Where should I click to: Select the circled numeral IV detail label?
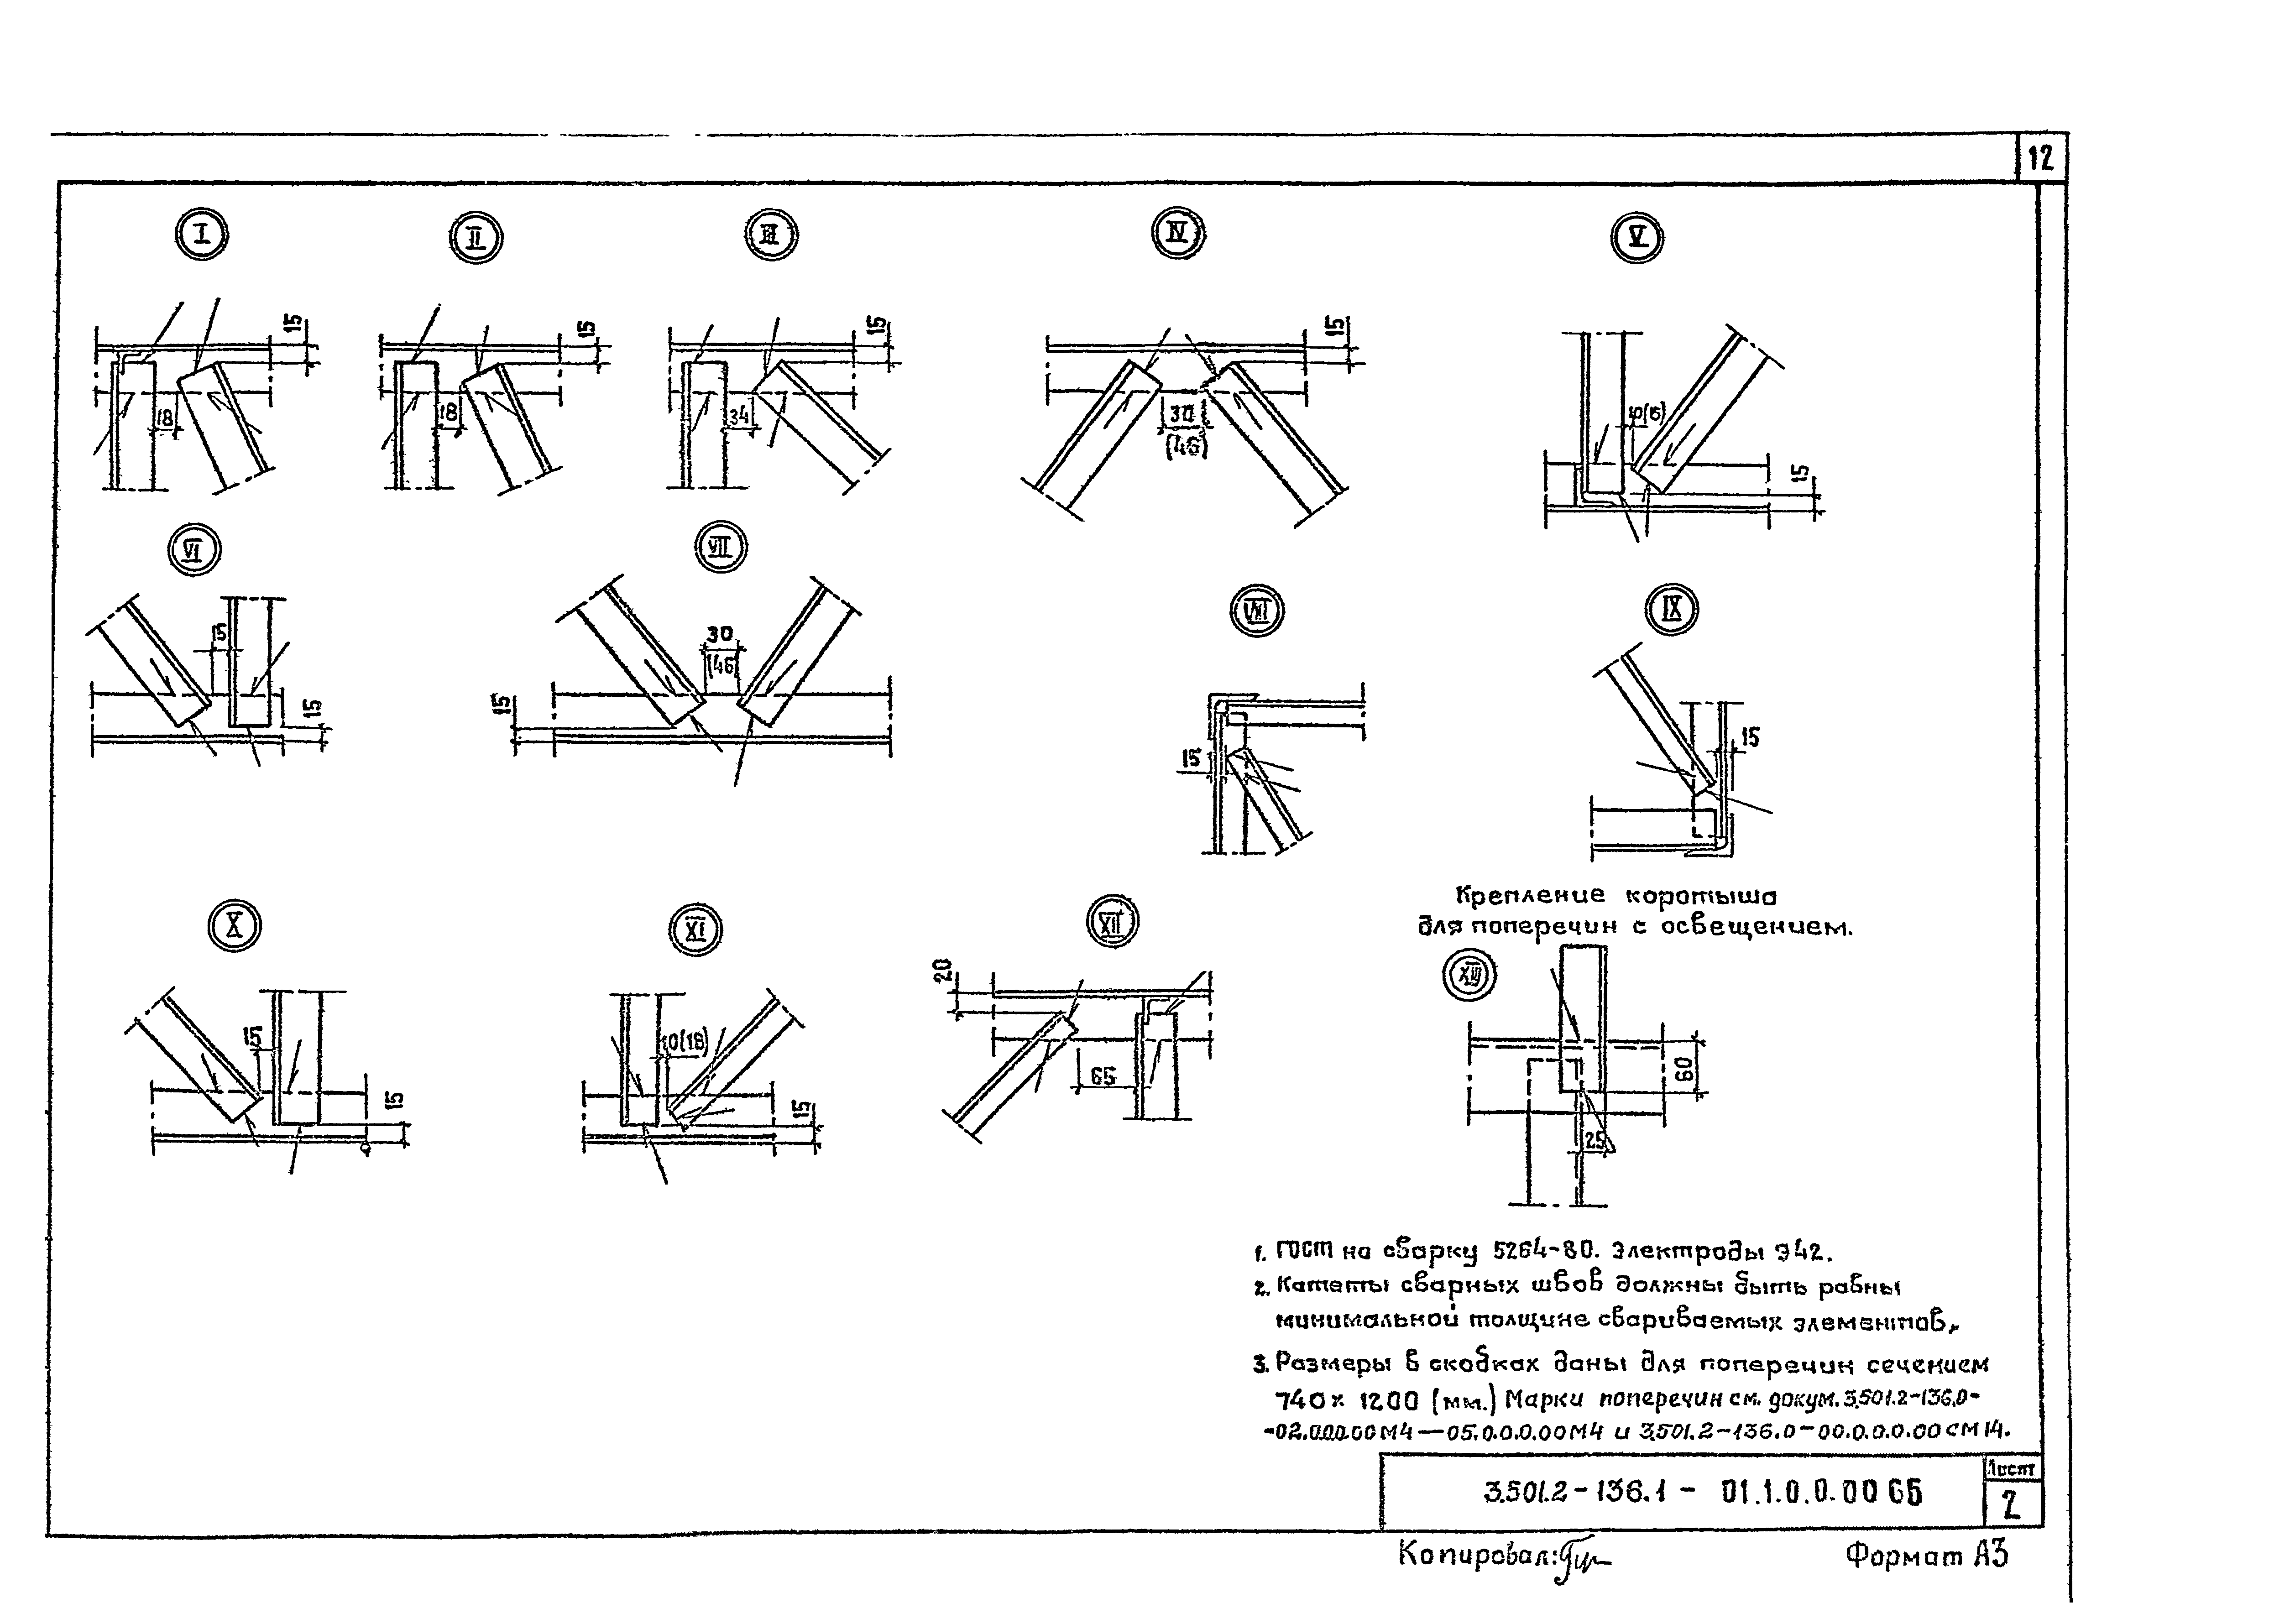(1178, 234)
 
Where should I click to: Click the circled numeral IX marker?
(1671, 610)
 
